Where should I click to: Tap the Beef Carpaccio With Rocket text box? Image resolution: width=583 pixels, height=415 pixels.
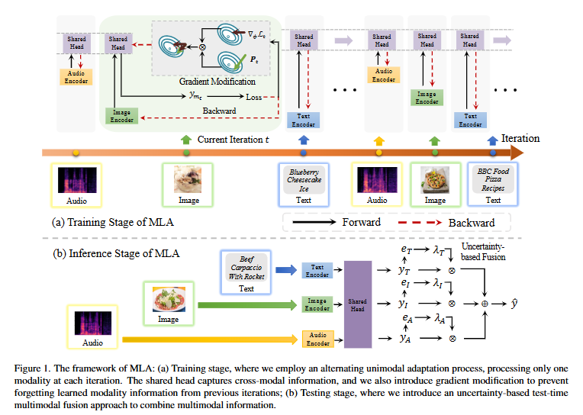tap(246, 268)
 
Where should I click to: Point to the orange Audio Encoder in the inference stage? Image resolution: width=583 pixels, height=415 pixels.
tap(317, 337)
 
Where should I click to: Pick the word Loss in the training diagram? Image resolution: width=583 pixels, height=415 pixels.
tap(254, 97)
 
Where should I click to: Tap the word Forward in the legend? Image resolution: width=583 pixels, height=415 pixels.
tap(361, 222)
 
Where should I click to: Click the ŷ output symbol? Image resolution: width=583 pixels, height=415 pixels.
tap(514, 303)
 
